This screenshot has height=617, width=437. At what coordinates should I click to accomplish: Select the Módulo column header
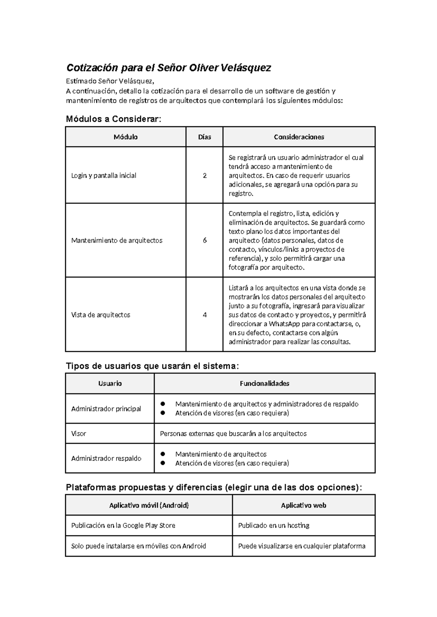(126, 137)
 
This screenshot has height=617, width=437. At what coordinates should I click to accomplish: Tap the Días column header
(205, 137)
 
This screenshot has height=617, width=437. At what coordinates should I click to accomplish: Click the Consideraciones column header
(299, 137)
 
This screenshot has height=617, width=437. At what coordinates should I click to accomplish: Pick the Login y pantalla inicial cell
(104, 176)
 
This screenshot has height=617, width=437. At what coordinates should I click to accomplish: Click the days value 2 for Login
(205, 176)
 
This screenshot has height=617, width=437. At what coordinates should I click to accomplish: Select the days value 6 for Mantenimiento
(205, 240)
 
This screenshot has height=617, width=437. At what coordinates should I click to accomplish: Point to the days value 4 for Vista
(205, 315)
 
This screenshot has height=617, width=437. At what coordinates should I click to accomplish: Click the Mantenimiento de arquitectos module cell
(117, 240)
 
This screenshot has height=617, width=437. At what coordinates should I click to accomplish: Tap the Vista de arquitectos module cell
(101, 315)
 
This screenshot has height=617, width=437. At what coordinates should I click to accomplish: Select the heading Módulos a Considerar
(113, 119)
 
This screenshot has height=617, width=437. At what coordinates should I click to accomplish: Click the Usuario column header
(110, 383)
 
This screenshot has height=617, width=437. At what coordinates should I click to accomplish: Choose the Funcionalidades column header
(265, 383)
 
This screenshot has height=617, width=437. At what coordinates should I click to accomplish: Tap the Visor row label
(79, 434)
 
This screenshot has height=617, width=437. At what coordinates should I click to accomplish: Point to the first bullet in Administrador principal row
(163, 404)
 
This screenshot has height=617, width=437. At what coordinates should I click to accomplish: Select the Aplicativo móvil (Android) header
(149, 505)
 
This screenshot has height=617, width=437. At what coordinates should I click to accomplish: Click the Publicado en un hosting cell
(274, 526)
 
